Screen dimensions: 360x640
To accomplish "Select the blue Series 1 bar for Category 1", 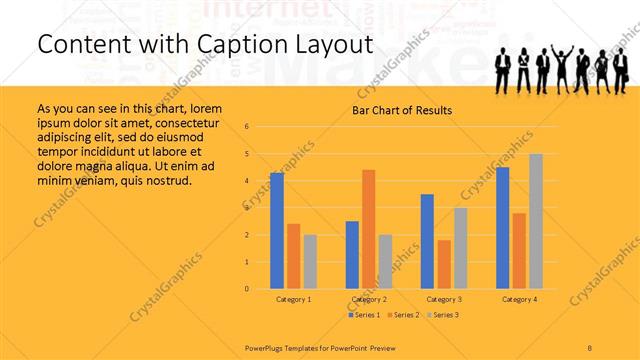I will point(277,231).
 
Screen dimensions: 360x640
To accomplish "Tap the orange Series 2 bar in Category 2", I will point(368,229).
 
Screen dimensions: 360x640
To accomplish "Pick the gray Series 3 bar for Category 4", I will point(536,221).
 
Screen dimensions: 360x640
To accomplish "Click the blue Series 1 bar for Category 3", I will point(427,241).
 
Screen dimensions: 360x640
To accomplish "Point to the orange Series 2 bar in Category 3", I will point(443,264).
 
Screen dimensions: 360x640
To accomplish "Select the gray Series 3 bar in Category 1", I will point(310,262).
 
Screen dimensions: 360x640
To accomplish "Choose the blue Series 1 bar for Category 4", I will point(502,228).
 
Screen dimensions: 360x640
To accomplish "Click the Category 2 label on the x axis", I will point(368,299).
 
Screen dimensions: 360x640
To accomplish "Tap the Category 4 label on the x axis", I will point(519,299).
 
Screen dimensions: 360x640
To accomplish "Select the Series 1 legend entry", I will point(364,315).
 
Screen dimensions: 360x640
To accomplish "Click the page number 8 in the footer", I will point(590,346).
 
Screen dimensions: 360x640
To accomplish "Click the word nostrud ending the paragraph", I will point(163,181).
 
